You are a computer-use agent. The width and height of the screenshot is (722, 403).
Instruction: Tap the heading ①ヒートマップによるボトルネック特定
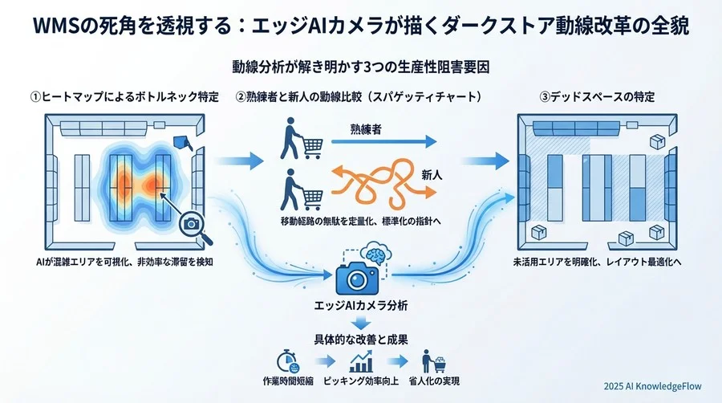click(125, 97)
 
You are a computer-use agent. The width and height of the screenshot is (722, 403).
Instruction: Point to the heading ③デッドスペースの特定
click(597, 97)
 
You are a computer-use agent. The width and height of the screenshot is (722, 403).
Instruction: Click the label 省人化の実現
click(440, 381)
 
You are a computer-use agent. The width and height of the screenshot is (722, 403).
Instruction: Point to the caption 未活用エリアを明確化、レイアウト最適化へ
click(597, 262)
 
